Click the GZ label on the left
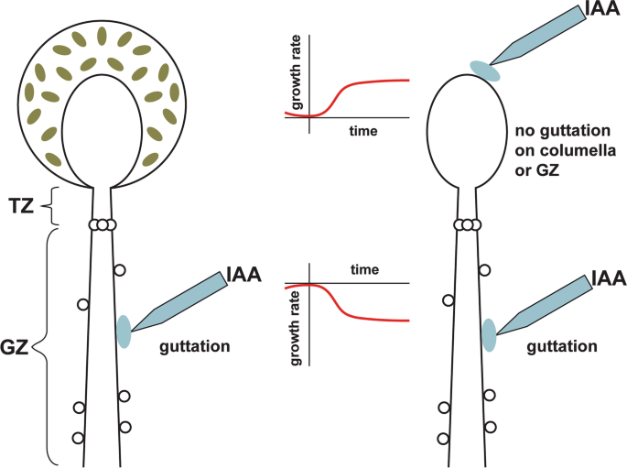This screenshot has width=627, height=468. tap(16, 346)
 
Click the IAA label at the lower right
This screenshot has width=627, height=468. tap(607, 278)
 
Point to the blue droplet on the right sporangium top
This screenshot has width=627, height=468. tap(485, 70)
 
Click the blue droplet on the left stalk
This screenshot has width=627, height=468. tap(124, 332)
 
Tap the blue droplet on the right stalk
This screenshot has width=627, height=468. tap(490, 334)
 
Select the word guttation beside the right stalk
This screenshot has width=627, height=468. tap(562, 347)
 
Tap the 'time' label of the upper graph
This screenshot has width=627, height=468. tap(363, 131)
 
